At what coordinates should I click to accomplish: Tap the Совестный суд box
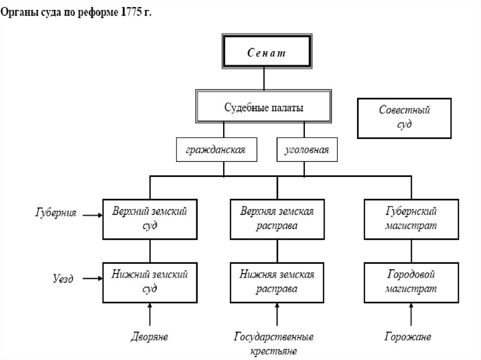404,118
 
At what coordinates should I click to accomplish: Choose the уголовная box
307,151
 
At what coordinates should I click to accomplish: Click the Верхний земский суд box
149,218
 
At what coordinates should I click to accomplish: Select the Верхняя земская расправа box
277,218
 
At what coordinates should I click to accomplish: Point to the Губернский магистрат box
411,218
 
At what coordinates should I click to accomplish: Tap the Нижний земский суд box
149,282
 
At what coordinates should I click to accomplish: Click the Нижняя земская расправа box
277,282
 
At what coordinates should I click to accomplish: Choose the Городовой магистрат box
411,282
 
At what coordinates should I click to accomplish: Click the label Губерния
56,213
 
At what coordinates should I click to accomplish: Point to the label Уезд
62,278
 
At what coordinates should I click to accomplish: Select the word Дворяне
149,337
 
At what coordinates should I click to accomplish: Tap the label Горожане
407,337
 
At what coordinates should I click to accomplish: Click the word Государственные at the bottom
274,337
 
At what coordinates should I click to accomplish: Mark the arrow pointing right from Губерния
93,215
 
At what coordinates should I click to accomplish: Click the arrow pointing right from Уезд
93,278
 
